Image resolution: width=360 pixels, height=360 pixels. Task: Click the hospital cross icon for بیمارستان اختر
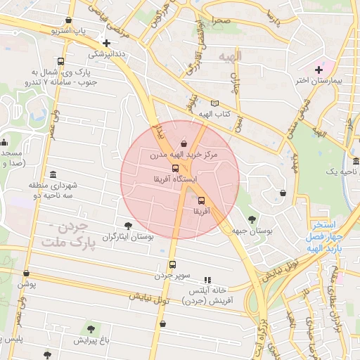(x=319, y=69)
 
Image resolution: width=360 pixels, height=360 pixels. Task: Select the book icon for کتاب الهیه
(x=214, y=103)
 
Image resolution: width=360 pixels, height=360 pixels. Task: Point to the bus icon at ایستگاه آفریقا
(x=175, y=167)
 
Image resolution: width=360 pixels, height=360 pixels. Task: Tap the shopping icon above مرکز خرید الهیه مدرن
(x=184, y=143)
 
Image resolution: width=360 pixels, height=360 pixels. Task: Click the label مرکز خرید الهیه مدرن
(x=184, y=153)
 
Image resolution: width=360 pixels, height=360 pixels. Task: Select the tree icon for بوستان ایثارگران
(x=127, y=226)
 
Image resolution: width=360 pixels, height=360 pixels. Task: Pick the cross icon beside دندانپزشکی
(x=106, y=43)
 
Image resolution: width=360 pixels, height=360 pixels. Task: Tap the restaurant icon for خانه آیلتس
(x=207, y=279)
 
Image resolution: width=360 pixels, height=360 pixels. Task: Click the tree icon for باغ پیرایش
(x=91, y=329)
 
